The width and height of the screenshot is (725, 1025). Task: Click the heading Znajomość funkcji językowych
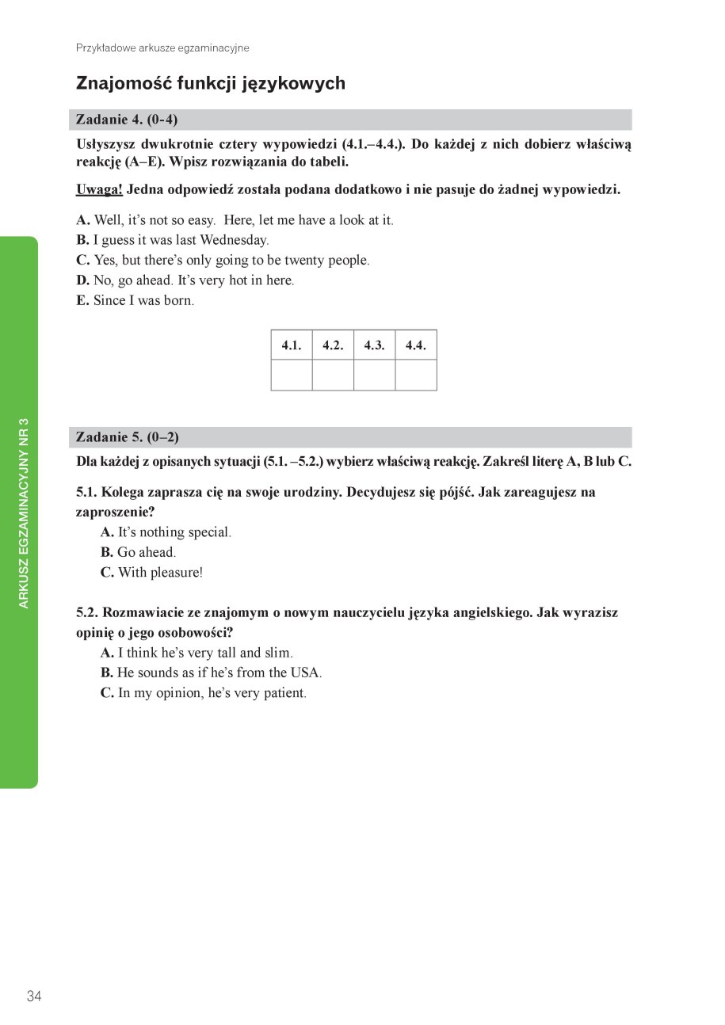[x=210, y=83]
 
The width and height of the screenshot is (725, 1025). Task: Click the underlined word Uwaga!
[x=99, y=189]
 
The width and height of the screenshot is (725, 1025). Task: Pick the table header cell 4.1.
[x=292, y=345]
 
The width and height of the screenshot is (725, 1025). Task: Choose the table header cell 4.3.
[x=374, y=345]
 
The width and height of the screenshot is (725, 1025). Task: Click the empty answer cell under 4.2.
[x=333, y=375]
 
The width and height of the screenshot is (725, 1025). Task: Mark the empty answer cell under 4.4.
[x=416, y=375]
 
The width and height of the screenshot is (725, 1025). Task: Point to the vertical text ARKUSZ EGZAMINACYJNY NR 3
[x=24, y=512]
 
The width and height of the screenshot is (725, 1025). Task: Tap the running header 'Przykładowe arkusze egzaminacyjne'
[x=162, y=48]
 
